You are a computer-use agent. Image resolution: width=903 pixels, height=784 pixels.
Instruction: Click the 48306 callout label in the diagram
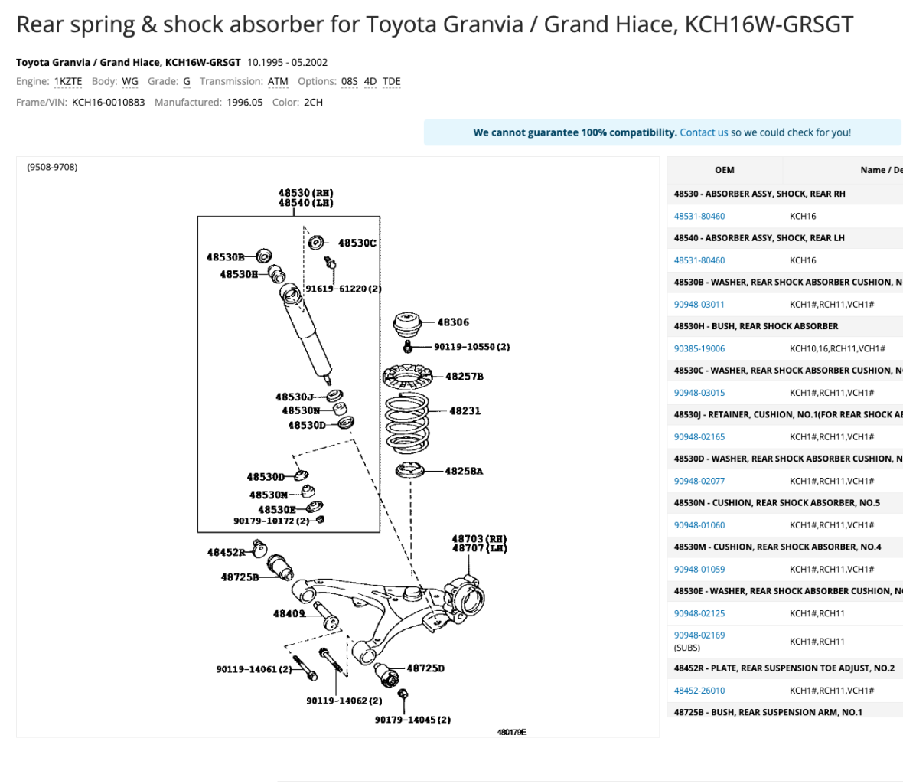453,322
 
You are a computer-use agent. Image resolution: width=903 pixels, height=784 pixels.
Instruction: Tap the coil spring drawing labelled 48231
406,423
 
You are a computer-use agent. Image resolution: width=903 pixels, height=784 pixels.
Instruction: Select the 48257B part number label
465,377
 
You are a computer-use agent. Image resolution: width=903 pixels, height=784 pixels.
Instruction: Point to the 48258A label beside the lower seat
464,471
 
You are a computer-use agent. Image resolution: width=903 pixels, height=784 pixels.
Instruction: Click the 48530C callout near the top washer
357,243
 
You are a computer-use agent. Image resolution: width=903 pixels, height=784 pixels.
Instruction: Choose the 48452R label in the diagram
226,552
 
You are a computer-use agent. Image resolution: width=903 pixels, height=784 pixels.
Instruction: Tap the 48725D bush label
425,668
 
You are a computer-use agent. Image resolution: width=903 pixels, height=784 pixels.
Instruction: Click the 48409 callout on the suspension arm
289,613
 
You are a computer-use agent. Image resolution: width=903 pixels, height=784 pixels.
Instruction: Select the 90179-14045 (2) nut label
412,720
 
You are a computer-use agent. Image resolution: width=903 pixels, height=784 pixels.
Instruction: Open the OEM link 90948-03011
699,305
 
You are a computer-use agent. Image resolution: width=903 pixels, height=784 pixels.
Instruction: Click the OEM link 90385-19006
699,348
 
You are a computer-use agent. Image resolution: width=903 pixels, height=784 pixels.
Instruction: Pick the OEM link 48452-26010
699,691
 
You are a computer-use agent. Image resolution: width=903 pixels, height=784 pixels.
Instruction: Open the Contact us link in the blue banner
703,132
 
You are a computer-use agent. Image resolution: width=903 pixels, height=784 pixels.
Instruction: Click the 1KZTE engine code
68,81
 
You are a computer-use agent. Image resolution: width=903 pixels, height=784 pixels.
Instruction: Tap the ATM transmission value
278,81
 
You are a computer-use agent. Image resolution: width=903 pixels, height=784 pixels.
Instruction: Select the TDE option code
391,81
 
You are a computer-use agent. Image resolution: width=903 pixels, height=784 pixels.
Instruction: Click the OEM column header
724,170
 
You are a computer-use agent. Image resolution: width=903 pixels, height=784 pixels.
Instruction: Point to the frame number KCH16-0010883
108,102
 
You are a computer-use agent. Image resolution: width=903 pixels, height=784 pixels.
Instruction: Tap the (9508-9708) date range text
52,167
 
